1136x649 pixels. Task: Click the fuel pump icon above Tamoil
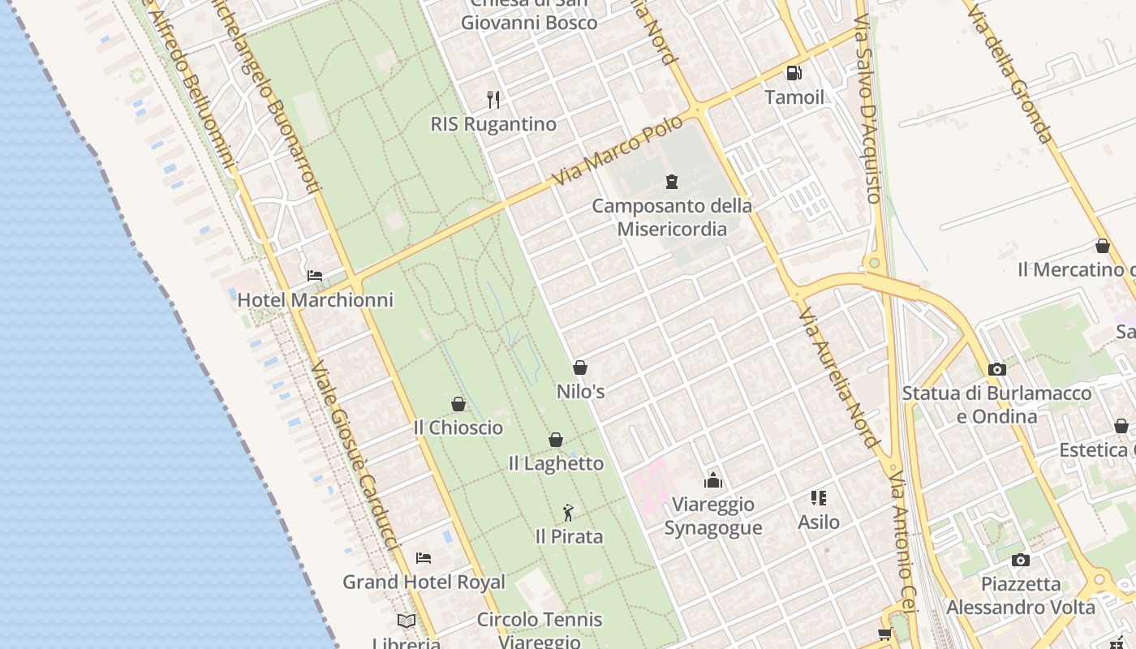coord(794,73)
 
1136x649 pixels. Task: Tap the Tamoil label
coord(794,97)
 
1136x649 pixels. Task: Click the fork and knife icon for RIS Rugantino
coord(493,100)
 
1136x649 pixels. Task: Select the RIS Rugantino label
coord(493,124)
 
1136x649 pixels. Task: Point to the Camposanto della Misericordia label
coord(672,217)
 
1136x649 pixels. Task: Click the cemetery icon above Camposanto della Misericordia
coord(672,181)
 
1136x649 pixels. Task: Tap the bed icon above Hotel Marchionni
coord(315,276)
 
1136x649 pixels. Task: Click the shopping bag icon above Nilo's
coord(580,367)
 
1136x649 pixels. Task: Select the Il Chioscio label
coord(458,428)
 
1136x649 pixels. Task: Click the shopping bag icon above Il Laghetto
coord(556,440)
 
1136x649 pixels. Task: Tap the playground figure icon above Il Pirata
coord(568,513)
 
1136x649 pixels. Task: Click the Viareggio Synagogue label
coord(713,516)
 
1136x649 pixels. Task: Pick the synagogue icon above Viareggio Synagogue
coord(713,480)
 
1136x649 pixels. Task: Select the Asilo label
coord(818,522)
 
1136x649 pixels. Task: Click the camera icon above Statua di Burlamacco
coord(997,369)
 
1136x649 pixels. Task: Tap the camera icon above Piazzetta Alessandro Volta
coord(1021,560)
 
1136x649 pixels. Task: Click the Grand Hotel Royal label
coord(424,582)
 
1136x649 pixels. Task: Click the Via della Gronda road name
coord(1011,73)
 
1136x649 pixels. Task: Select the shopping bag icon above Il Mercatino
coord(1102,246)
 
